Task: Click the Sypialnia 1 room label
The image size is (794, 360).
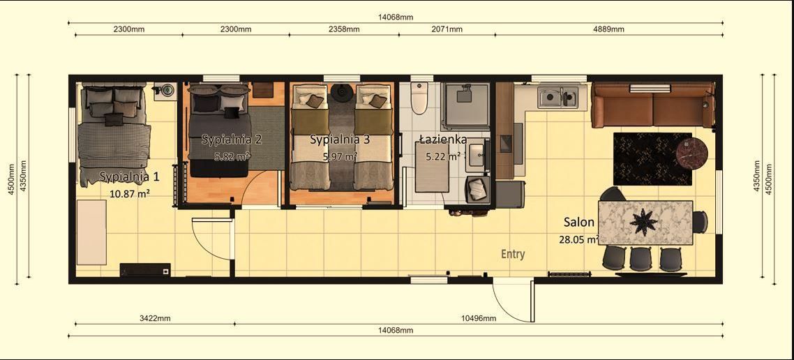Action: pos(129,177)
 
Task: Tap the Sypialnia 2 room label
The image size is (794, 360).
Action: pos(232,140)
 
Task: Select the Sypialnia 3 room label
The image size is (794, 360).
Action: pos(340,140)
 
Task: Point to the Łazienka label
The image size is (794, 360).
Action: pos(443,140)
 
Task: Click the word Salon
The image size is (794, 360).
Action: pos(579,223)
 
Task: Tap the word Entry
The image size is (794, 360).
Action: pos(513,255)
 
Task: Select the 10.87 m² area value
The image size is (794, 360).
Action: pos(130,193)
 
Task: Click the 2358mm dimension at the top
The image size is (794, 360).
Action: pos(343,29)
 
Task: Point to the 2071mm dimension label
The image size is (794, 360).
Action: pos(447,29)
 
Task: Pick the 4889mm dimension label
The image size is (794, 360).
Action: pos(608,29)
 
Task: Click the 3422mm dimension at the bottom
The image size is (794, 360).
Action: pos(155,318)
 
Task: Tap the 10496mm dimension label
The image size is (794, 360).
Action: pos(479,318)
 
